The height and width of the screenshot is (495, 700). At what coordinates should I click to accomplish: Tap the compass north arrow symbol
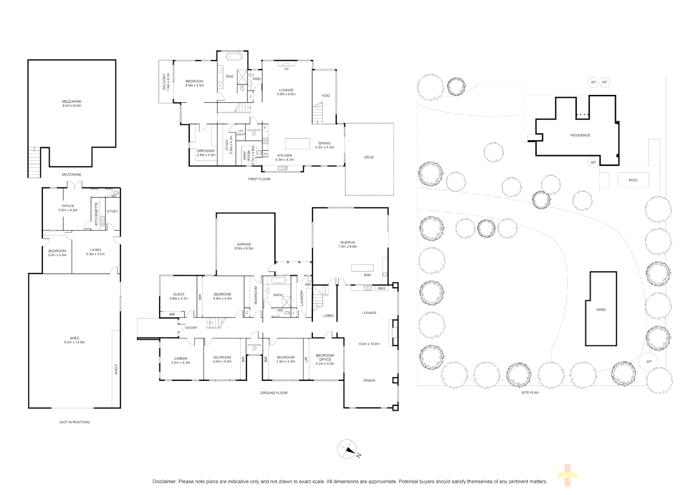347,449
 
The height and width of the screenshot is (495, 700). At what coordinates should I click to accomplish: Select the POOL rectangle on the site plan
633,180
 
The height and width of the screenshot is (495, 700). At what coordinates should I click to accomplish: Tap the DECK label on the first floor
369,157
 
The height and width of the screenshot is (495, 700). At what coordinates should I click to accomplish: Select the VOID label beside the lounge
326,96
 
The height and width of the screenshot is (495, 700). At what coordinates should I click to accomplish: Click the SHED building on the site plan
601,308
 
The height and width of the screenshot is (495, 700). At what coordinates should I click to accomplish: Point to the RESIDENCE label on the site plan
580,135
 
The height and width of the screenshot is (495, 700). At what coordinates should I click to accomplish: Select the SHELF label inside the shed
116,369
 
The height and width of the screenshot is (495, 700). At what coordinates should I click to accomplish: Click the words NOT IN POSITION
74,422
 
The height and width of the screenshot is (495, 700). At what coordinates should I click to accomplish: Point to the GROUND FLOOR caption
273,393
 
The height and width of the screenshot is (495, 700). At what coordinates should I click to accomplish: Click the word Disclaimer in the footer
164,482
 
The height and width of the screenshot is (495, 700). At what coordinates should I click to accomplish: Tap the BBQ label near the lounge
382,288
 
